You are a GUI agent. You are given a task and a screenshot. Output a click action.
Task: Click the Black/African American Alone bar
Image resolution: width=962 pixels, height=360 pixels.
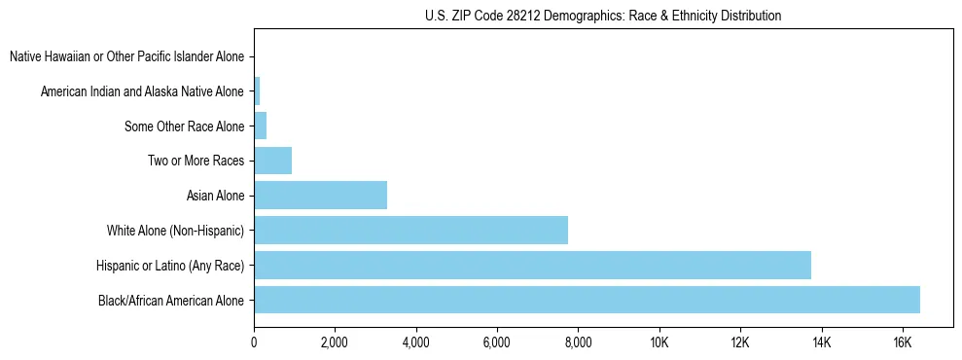click(587, 300)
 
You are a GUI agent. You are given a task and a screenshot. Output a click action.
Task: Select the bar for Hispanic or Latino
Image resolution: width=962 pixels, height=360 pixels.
click(532, 265)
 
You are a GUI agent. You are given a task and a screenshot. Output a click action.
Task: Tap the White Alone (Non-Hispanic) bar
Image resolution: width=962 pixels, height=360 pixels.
click(410, 231)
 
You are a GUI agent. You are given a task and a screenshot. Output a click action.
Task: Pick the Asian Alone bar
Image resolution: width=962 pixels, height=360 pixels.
click(320, 196)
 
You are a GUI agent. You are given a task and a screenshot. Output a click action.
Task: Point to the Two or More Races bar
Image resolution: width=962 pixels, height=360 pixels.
click(272, 161)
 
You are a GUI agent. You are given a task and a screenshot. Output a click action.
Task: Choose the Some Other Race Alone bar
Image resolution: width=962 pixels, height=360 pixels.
click(260, 126)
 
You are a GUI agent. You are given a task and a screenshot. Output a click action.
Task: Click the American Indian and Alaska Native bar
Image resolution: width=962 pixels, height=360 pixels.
click(257, 91)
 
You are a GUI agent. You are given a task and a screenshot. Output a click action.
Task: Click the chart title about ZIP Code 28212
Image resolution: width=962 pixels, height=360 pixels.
click(603, 16)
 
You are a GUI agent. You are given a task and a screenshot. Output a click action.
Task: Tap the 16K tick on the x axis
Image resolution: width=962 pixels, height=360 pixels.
click(902, 343)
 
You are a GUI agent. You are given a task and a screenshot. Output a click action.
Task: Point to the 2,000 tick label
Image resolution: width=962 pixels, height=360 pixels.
click(335, 343)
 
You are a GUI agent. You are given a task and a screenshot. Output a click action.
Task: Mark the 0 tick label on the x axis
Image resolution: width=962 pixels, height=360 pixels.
click(254, 343)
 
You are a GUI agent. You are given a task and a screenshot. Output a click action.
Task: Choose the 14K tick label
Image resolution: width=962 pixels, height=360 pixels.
click(821, 343)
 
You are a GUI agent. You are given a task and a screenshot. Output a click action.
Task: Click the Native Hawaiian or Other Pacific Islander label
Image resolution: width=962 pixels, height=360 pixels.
click(126, 56)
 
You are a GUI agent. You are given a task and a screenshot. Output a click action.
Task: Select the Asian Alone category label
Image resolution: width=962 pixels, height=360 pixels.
click(215, 196)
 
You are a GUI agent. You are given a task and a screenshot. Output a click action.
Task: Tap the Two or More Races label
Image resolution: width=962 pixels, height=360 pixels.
click(195, 161)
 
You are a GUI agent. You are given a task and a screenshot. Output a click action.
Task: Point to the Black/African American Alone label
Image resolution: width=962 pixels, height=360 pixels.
click(171, 300)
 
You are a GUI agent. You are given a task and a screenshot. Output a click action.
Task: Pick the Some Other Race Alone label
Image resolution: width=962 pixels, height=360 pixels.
click(184, 126)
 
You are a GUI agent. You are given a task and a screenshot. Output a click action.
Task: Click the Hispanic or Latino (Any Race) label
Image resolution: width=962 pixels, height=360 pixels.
click(170, 265)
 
